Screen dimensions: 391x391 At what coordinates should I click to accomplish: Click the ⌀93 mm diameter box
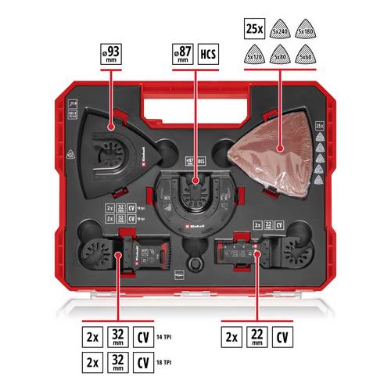(x=111, y=57)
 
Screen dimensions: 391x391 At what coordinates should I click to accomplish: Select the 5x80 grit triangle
(x=279, y=55)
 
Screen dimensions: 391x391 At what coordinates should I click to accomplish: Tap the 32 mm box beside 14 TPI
(x=117, y=338)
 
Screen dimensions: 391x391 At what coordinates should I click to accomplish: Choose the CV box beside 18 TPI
(x=144, y=364)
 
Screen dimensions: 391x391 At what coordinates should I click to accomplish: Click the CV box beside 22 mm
(x=282, y=338)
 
